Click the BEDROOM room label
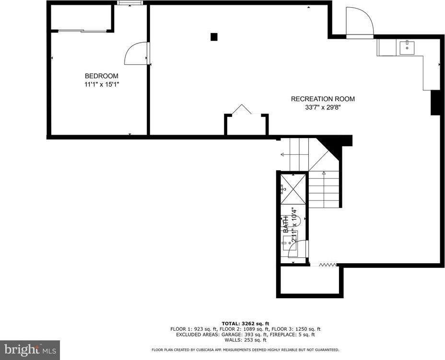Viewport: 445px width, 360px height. pos(101,76)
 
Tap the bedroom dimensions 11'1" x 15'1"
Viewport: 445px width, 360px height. pos(101,84)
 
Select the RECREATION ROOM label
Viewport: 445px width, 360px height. pos(323,99)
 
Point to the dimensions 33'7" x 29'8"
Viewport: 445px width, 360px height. pos(323,107)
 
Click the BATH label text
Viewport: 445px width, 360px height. pos(286,223)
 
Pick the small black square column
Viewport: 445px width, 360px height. pos(214,36)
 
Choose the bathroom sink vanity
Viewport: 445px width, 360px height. pos(293,249)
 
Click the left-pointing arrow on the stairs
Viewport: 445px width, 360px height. pos(283,155)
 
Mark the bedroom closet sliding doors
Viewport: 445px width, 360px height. pos(82,31)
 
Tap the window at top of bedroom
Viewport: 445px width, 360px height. pos(130,3)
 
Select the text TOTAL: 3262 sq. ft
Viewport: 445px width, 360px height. pos(245,323)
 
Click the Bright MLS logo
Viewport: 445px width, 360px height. pos(29,349)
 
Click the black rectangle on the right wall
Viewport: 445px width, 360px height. pos(435,103)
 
